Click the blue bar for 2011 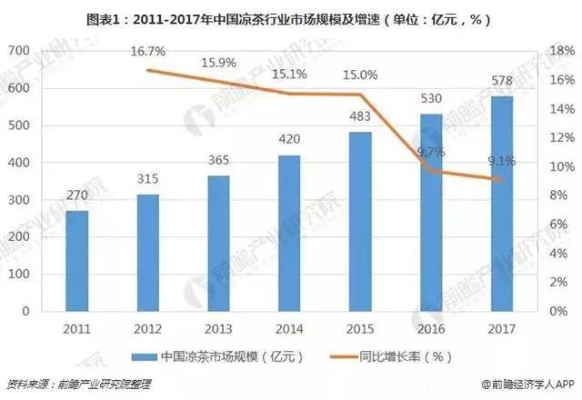[x=78, y=261]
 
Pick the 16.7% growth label [x=148, y=53]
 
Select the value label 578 [x=501, y=85]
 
